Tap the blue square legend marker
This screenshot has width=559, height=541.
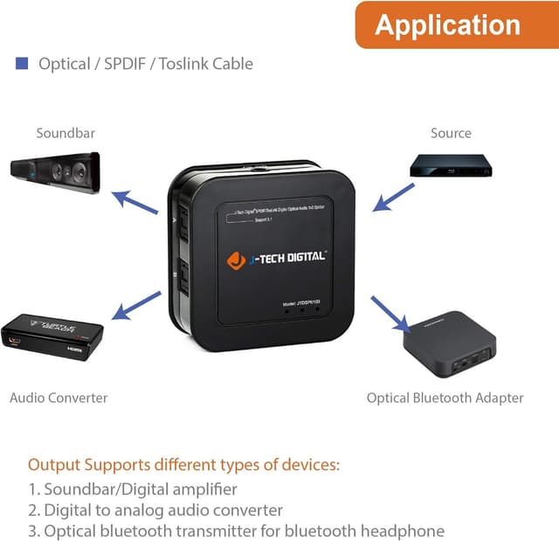click(x=22, y=64)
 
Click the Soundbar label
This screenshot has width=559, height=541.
click(x=66, y=134)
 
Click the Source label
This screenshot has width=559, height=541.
click(x=451, y=134)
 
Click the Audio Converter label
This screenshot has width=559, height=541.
click(x=59, y=398)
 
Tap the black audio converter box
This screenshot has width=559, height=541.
click(x=52, y=333)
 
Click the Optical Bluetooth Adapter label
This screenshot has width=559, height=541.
click(x=445, y=398)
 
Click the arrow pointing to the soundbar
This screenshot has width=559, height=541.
click(x=137, y=202)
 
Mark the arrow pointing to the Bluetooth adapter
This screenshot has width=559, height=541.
click(x=390, y=314)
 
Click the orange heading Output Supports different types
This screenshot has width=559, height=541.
click(x=183, y=464)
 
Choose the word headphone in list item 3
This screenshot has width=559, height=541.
click(x=403, y=531)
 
